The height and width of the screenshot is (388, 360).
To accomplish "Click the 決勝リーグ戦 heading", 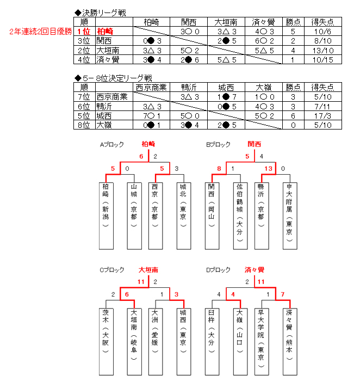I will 104,13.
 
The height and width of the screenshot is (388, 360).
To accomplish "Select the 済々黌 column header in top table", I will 263,22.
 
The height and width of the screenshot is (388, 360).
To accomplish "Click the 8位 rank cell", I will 84,125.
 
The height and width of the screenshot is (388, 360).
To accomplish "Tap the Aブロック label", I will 111,145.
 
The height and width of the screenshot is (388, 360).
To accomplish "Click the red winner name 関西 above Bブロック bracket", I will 254,144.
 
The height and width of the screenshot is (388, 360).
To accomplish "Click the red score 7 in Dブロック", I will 283,294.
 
